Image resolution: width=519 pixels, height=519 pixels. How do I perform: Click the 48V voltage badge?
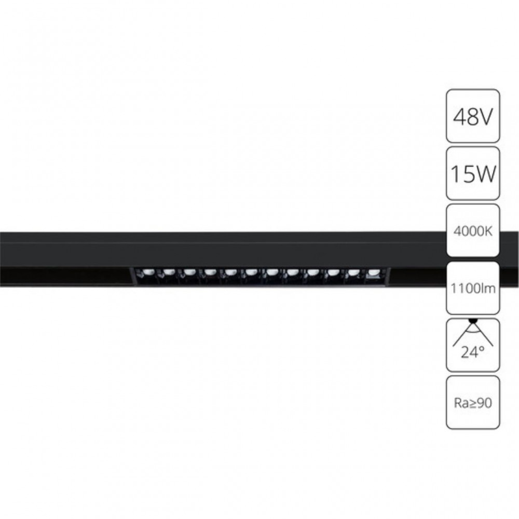click(x=473, y=116)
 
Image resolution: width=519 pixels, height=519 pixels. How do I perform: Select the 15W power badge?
click(x=473, y=173)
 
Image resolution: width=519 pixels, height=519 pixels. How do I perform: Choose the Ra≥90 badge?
click(x=473, y=402)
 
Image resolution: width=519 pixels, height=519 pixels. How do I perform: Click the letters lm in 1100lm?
click(x=487, y=289)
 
